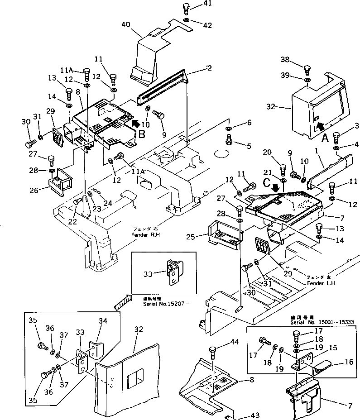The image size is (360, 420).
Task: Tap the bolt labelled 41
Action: tap(186, 9)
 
